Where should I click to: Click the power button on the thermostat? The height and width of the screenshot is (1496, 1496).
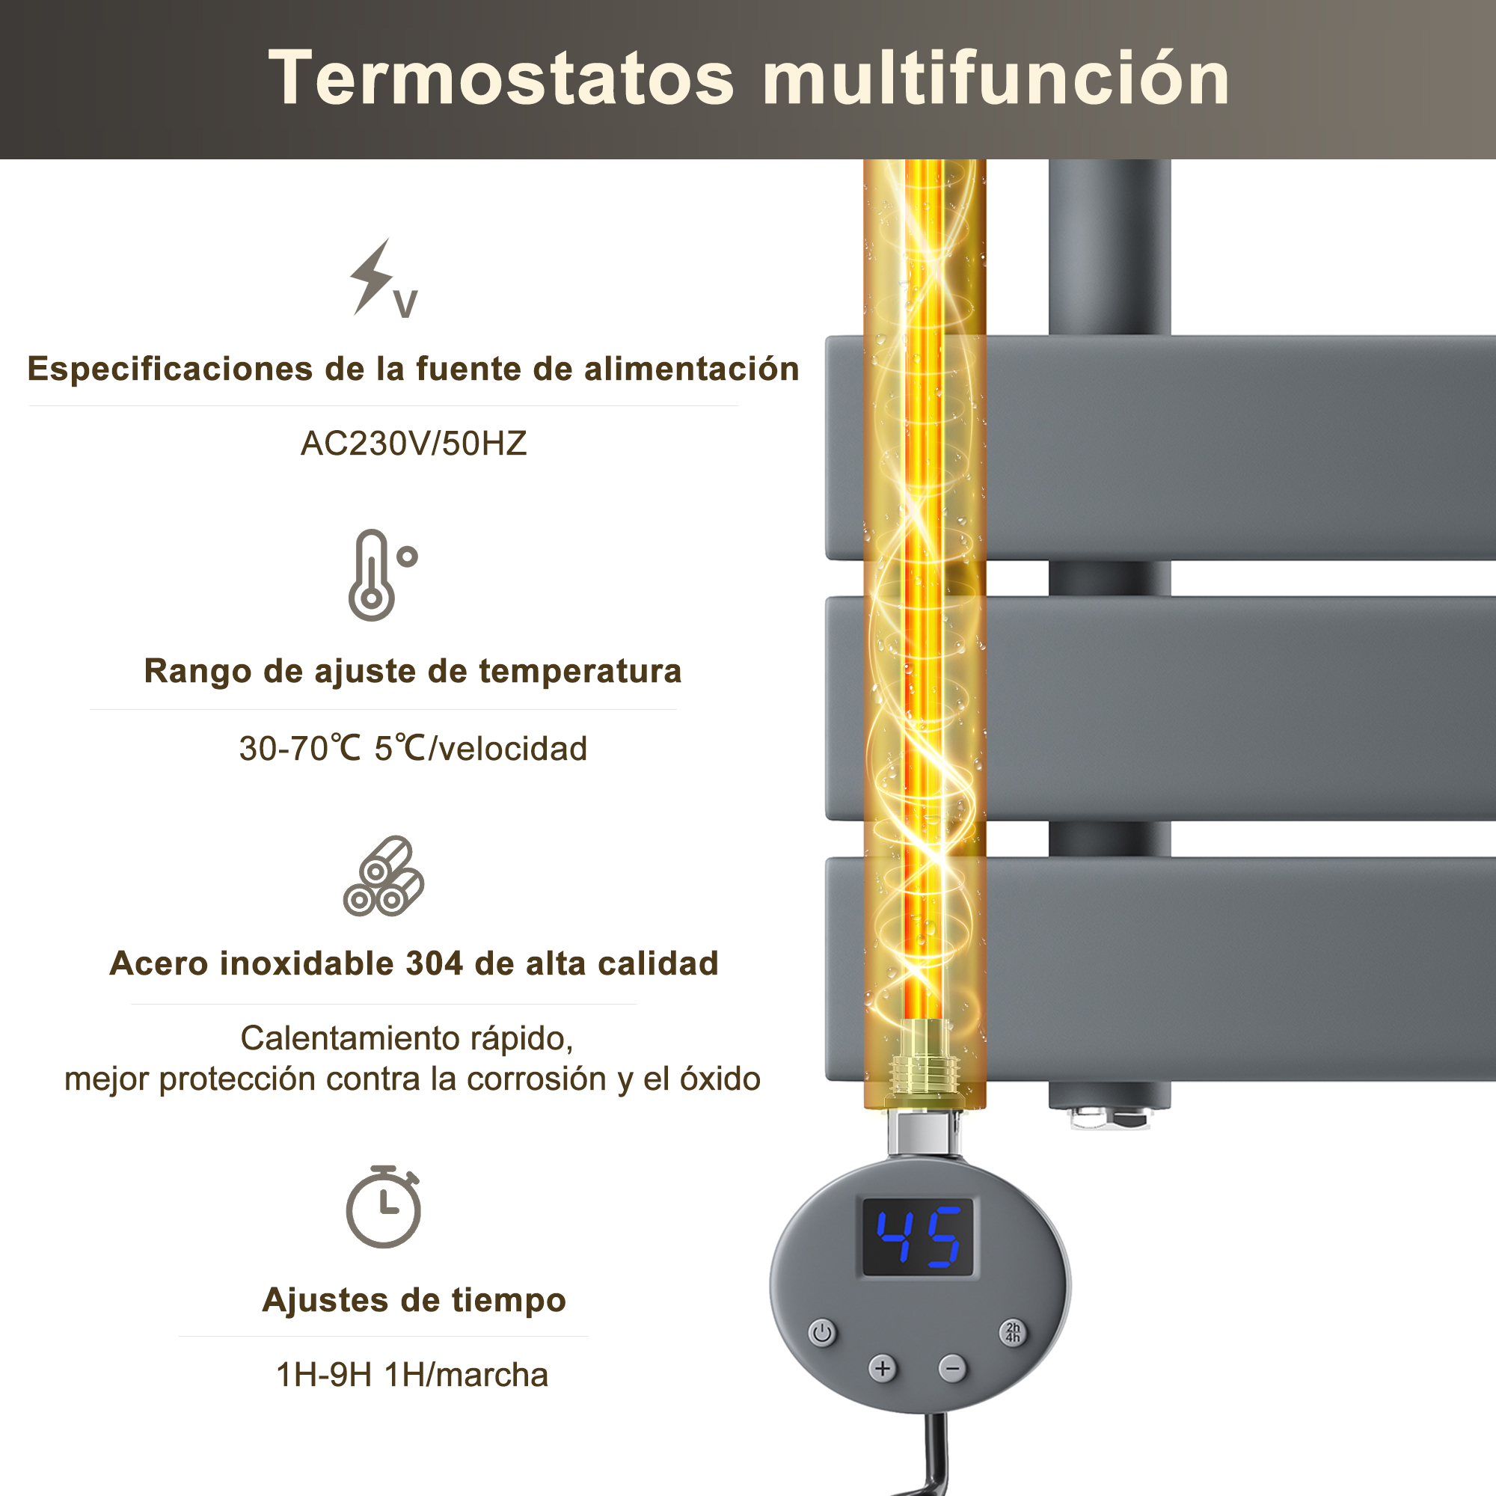pyautogui.click(x=822, y=1334)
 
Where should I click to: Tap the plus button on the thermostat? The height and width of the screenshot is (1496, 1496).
pyautogui.click(x=883, y=1369)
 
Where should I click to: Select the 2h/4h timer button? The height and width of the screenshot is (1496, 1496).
pyautogui.click(x=1013, y=1333)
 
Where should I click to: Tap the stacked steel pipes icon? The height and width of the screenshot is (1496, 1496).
pyautogui.click(x=383, y=876)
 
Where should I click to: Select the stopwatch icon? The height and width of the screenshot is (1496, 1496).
pyautogui.click(x=383, y=1207)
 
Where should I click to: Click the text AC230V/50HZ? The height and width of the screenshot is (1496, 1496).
pyautogui.click(x=414, y=444)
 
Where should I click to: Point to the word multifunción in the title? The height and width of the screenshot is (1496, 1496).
pyautogui.click(x=996, y=79)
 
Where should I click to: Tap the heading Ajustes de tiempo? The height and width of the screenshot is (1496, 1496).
pyautogui.click(x=414, y=1300)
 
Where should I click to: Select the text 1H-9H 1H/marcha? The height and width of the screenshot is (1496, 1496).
pyautogui.click(x=412, y=1376)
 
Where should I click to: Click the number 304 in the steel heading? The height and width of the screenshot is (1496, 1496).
pyautogui.click(x=434, y=964)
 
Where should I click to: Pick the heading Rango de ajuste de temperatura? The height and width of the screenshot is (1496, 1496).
pyautogui.click(x=413, y=672)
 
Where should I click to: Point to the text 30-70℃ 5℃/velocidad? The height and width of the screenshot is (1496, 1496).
pyautogui.click(x=413, y=749)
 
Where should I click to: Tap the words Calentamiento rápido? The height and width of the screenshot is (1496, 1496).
pyautogui.click(x=406, y=1038)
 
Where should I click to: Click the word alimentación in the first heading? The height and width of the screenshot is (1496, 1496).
pyautogui.click(x=691, y=370)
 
